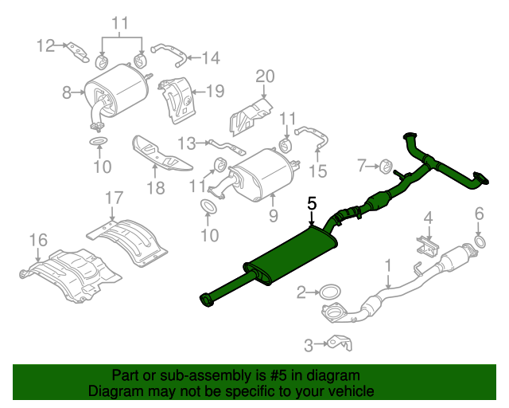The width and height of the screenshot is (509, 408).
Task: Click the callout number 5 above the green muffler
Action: point(312,205)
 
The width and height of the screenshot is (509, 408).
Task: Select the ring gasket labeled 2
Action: point(331,293)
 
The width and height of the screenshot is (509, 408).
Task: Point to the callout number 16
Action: point(38,239)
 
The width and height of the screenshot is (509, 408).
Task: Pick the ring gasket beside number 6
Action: point(480,241)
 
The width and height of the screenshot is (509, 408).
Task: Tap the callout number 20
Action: point(264,76)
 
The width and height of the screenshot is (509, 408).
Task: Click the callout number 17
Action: point(114,197)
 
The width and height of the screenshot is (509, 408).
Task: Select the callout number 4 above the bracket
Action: point(428,218)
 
